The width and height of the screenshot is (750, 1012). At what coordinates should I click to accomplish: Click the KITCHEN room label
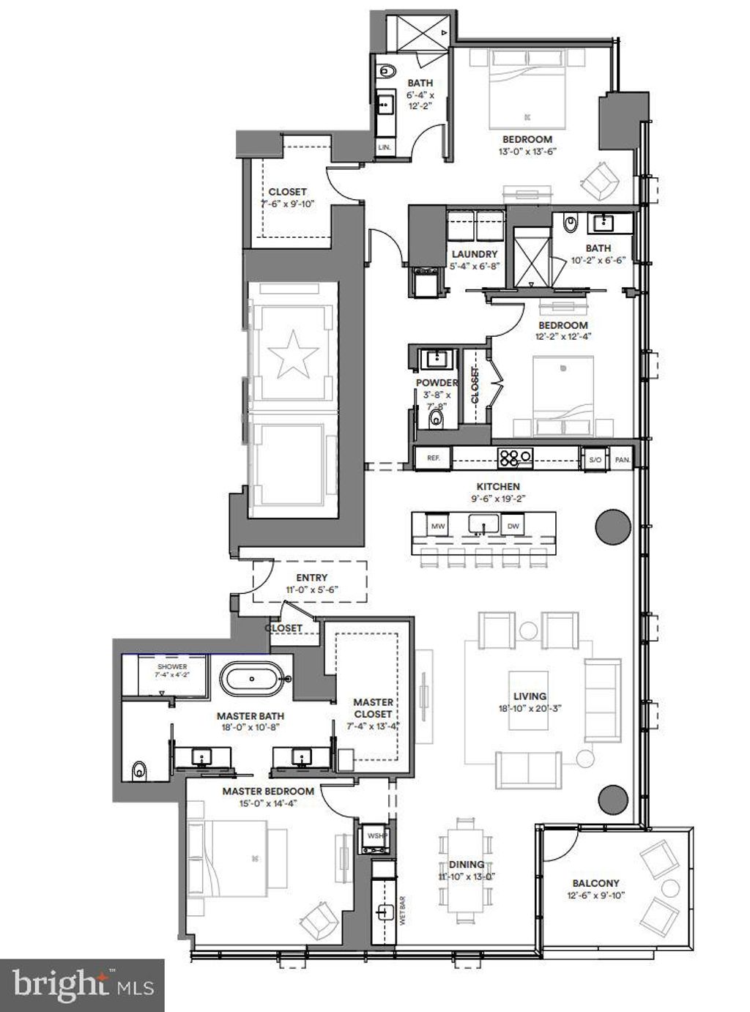click(x=498, y=486)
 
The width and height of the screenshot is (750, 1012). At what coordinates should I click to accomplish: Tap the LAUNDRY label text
click(x=475, y=254)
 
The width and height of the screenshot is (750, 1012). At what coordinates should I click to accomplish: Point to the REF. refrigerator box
click(x=432, y=458)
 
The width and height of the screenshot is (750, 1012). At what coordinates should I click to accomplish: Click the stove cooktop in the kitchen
click(x=515, y=458)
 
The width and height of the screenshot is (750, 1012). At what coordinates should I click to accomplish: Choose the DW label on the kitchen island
click(x=513, y=526)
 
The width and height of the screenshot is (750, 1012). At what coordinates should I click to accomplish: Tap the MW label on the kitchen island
click(x=438, y=526)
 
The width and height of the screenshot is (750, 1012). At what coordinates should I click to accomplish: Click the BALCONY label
click(x=595, y=883)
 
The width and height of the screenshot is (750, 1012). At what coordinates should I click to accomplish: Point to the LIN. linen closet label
click(x=384, y=147)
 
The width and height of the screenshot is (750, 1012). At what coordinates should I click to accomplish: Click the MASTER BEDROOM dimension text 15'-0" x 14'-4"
click(x=268, y=803)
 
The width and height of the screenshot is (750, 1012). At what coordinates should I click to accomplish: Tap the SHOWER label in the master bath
click(x=172, y=666)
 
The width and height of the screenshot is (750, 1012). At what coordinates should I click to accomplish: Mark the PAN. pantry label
click(x=622, y=460)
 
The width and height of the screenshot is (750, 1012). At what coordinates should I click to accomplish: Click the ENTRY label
click(x=311, y=578)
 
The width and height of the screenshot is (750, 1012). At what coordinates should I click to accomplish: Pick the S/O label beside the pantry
click(x=594, y=460)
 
